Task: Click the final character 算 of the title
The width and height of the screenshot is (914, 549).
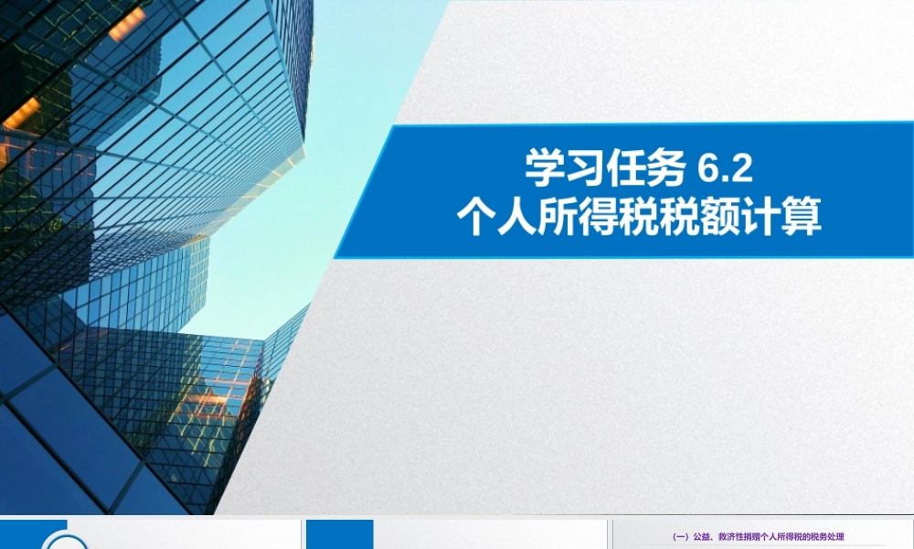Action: [x=805, y=219]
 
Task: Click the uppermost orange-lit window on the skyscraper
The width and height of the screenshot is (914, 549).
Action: [x=127, y=23]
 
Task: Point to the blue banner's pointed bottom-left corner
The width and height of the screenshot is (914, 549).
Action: [x=335, y=257]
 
